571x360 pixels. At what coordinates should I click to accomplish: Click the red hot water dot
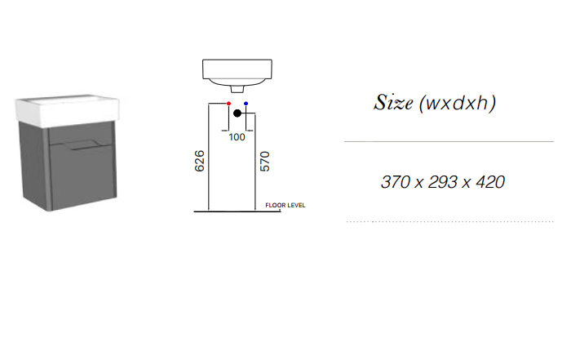point(228,104)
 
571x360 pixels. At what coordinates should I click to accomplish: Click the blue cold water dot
point(246,104)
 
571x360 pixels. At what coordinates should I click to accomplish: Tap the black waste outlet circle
point(237,113)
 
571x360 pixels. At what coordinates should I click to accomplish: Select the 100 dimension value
point(237,137)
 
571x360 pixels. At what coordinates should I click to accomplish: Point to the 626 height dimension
point(200,161)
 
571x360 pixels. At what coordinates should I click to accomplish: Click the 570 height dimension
point(265,162)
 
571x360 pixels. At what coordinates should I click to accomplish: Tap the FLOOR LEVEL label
point(285,206)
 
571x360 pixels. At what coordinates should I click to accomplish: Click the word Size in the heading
point(393,102)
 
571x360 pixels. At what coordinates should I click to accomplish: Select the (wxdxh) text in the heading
point(458,103)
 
